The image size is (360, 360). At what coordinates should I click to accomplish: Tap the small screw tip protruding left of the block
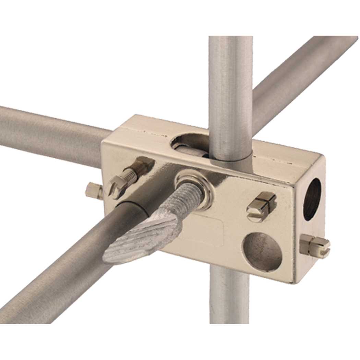tap(93, 191)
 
